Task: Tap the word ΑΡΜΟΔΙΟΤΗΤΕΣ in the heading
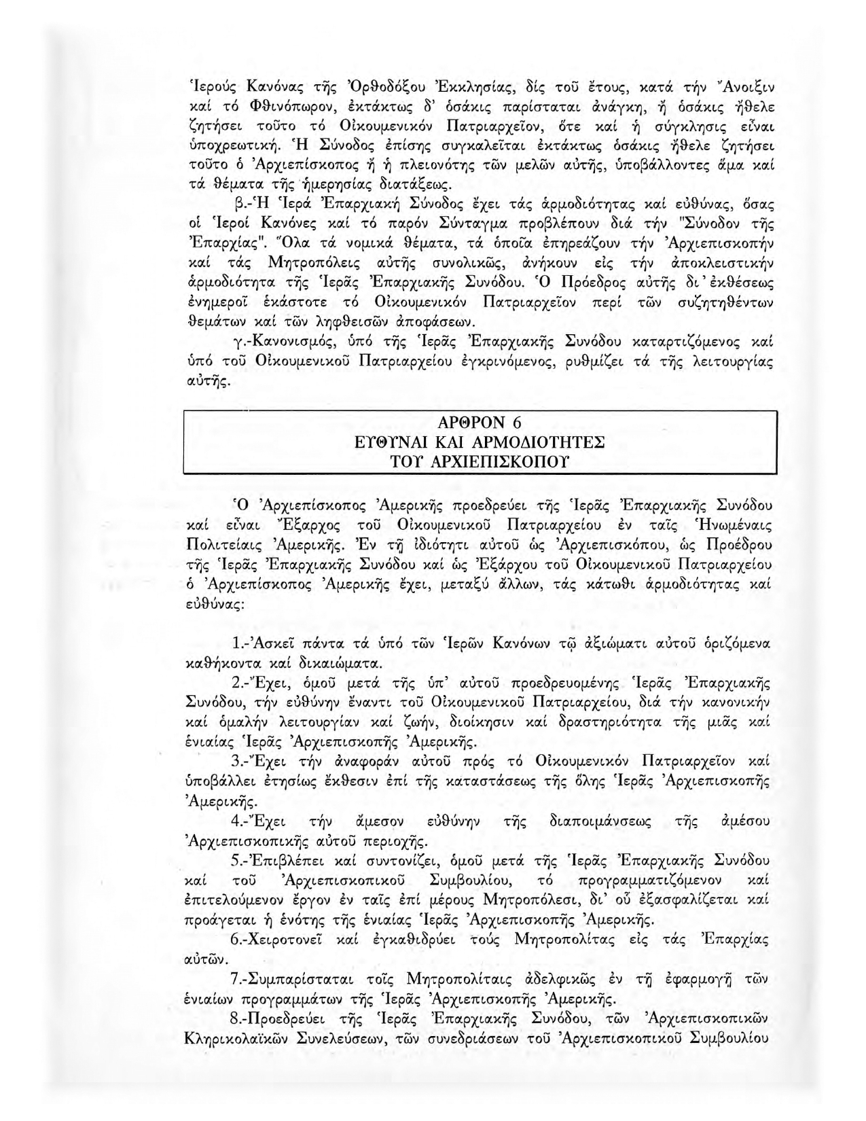537,442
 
